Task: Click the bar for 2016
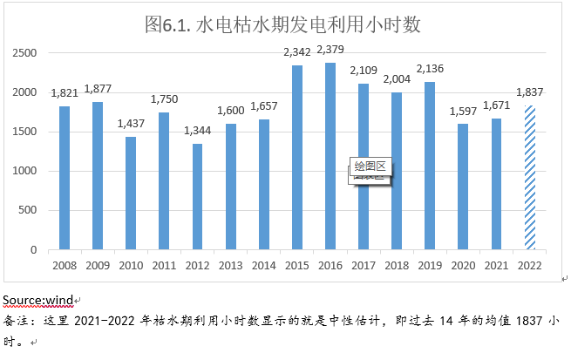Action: coord(330,156)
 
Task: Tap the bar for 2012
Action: coord(197,197)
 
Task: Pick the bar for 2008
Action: coord(65,178)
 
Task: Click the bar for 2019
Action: coord(430,166)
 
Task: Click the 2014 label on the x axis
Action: coord(263,264)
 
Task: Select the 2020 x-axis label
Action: coord(463,264)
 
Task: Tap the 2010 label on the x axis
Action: coord(131,264)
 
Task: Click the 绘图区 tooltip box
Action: coord(373,166)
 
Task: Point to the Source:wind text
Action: coord(37,301)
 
